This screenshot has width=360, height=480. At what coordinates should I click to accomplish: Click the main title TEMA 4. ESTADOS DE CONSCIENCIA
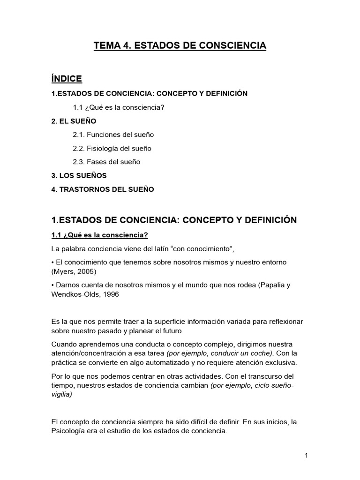point(180,45)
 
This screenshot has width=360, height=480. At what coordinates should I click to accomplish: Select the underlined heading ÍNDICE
point(67,79)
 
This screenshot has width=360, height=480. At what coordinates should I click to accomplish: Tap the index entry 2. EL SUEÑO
point(74,121)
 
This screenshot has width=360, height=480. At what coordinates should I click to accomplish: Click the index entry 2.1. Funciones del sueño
point(113,135)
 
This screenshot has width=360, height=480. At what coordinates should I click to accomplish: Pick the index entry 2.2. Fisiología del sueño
point(112,148)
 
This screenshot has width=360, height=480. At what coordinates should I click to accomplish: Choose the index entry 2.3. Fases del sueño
point(106,162)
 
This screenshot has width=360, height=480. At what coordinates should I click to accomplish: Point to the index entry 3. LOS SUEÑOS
point(79,175)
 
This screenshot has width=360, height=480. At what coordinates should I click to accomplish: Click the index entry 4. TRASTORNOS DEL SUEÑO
point(102,189)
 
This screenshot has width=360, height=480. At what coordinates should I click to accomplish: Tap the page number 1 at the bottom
point(305,455)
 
